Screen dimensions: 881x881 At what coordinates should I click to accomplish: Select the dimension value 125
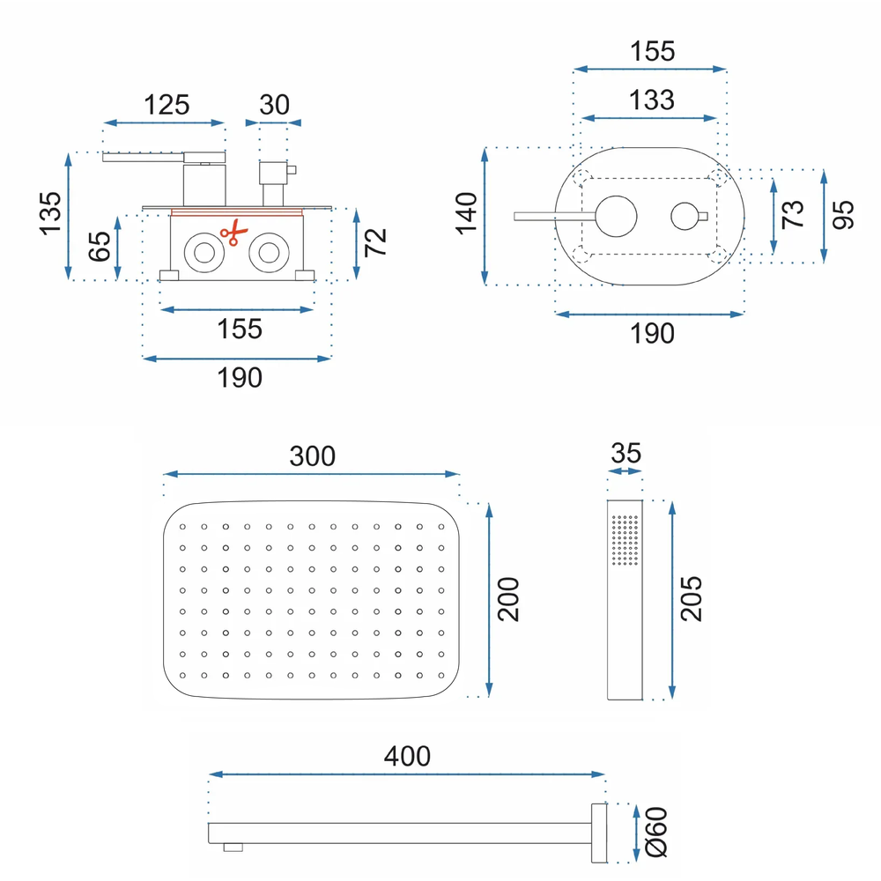click(x=167, y=105)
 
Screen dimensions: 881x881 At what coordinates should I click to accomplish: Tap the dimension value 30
click(x=274, y=105)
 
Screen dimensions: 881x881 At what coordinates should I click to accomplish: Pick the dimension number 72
click(x=376, y=242)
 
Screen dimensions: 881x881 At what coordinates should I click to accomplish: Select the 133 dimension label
click(x=651, y=100)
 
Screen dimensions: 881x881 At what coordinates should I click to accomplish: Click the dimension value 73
click(x=793, y=215)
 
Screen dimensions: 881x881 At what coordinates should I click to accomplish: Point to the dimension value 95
click(x=843, y=215)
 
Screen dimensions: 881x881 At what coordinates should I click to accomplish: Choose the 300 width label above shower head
click(x=312, y=456)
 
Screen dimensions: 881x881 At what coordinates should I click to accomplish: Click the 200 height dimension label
click(x=508, y=600)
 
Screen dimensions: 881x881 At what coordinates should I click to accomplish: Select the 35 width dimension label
click(x=626, y=454)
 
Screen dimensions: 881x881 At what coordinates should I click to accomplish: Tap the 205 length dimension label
click(x=692, y=599)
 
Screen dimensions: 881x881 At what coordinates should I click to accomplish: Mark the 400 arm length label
click(x=407, y=756)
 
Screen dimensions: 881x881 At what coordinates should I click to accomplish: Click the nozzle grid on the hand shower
click(x=624, y=538)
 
